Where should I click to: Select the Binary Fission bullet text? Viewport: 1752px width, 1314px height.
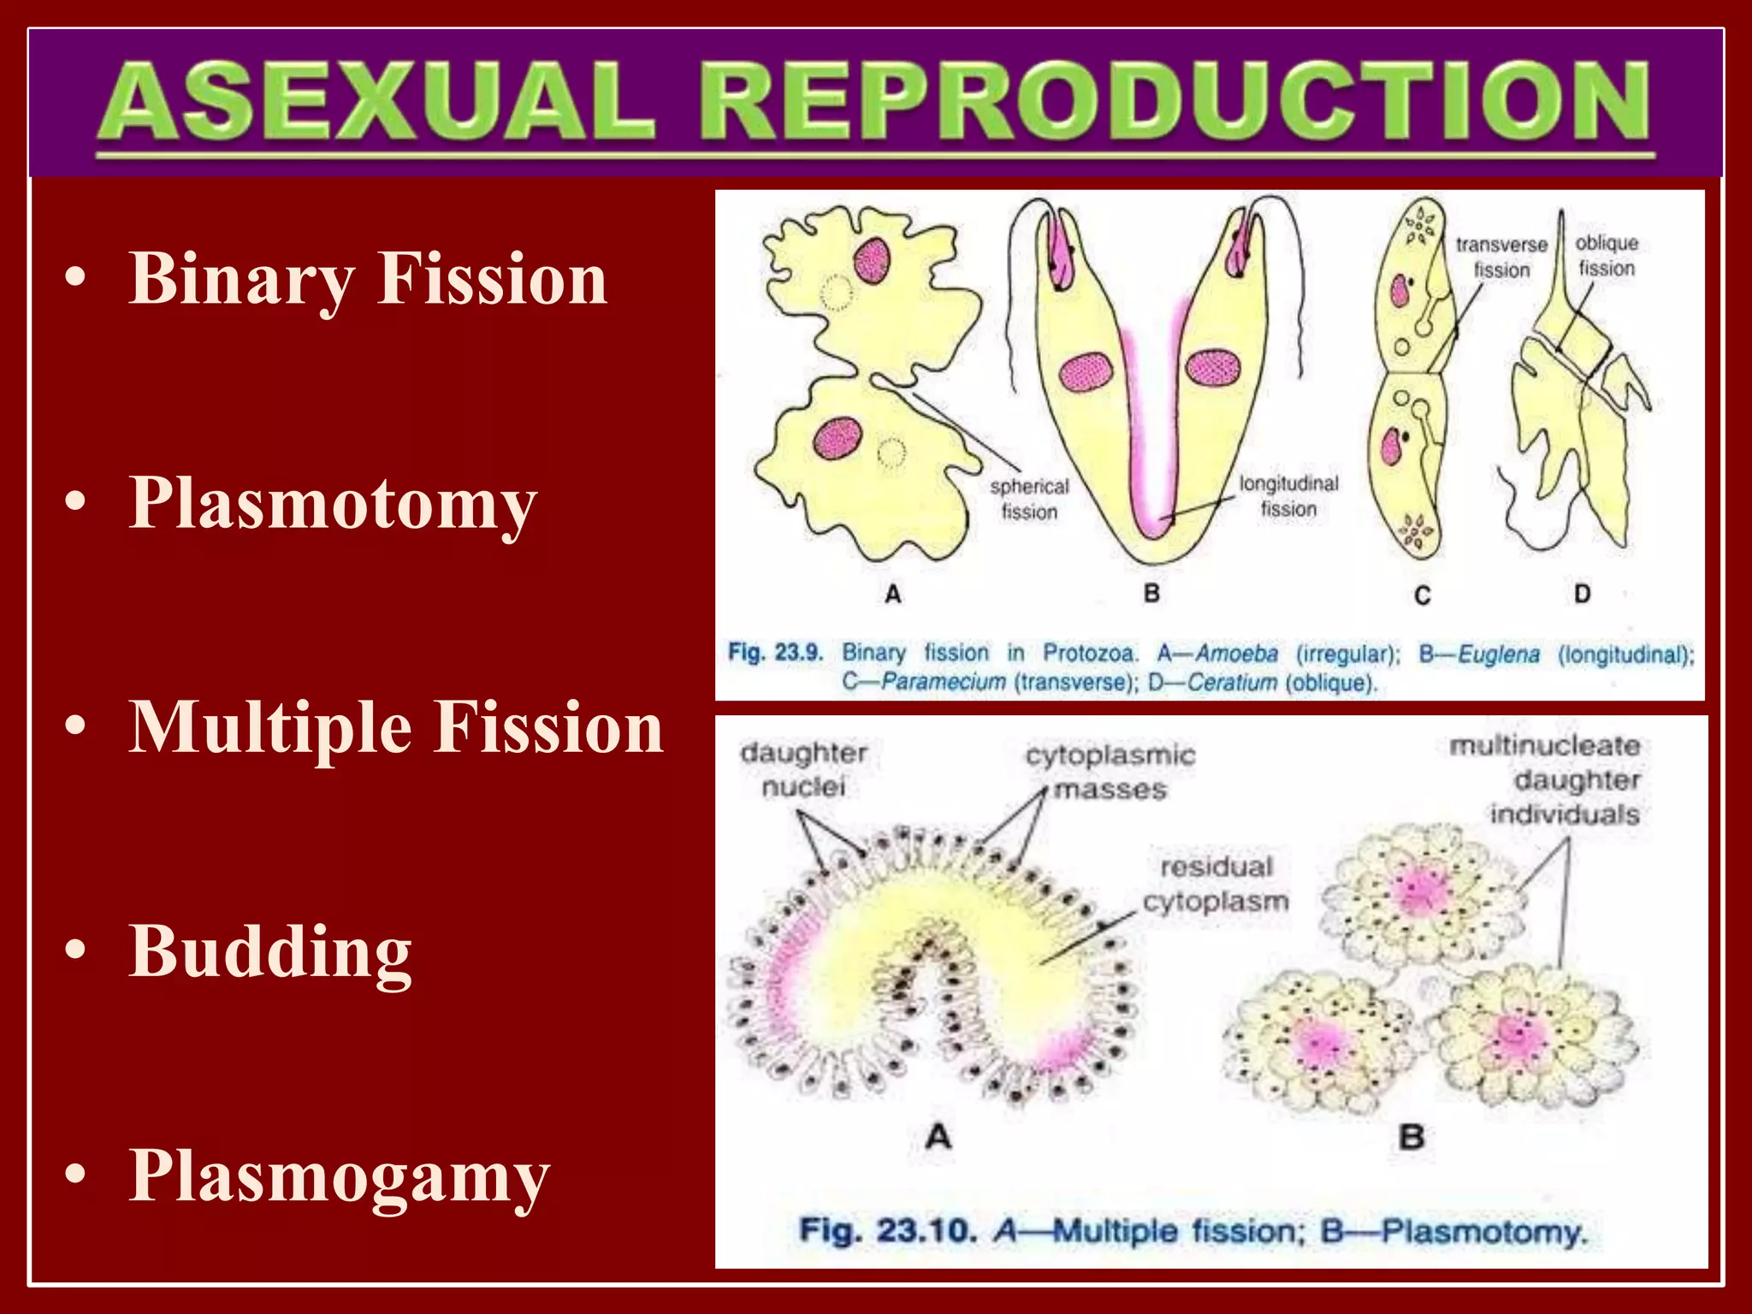[368, 279]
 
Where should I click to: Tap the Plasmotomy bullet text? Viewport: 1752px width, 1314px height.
[334, 504]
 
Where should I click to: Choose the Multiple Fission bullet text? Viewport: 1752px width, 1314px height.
[396, 728]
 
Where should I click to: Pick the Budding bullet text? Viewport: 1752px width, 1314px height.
[270, 951]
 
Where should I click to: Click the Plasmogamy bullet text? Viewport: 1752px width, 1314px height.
[340, 1176]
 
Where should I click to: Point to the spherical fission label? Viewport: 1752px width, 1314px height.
[1029, 499]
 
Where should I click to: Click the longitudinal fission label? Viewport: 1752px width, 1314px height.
[1288, 496]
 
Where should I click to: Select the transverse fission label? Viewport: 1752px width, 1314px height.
[1501, 257]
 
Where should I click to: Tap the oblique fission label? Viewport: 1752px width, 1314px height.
[1607, 255]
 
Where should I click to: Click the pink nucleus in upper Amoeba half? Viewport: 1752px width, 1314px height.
[871, 258]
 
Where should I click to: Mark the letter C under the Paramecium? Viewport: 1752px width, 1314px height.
[1422, 595]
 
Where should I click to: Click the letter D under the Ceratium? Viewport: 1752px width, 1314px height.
[1582, 594]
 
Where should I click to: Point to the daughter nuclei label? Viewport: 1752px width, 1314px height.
[803, 769]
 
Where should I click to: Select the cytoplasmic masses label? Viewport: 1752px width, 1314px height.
[1110, 772]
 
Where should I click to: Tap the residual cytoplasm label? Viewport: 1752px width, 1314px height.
[1216, 884]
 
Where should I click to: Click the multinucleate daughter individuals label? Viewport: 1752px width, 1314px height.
[1545, 779]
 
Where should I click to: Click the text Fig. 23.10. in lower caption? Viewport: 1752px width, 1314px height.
[887, 1231]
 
